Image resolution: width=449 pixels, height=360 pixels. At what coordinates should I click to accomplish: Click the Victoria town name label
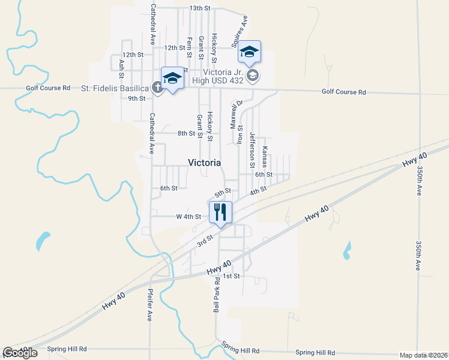(204, 163)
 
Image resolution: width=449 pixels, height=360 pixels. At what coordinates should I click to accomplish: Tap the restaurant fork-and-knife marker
(220, 212)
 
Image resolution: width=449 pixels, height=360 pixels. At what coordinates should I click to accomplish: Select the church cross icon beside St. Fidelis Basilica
(157, 88)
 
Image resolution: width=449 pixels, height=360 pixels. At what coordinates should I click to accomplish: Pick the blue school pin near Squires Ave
(249, 53)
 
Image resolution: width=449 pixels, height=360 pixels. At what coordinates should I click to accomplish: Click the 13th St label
(200, 8)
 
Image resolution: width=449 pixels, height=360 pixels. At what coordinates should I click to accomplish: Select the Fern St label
(189, 47)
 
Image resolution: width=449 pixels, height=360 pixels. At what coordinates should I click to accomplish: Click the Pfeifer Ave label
(149, 305)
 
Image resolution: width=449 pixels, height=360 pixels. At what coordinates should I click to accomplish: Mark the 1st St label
(231, 276)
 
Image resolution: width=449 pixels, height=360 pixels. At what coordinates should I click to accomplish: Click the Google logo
(20, 353)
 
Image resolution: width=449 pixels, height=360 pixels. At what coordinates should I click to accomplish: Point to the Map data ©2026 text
(423, 355)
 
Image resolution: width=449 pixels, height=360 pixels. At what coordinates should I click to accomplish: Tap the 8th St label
(186, 133)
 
